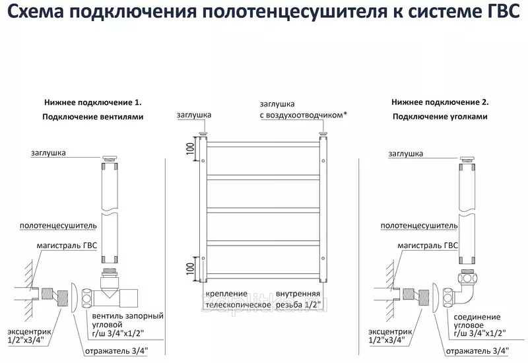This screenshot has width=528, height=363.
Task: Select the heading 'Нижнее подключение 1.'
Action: tap(93, 103)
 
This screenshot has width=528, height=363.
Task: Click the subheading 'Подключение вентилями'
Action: tap(93, 117)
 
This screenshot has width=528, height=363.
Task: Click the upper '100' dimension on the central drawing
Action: tap(190, 151)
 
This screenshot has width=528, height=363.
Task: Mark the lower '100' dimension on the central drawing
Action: tap(190, 269)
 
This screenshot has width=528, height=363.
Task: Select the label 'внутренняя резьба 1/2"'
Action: tap(298, 299)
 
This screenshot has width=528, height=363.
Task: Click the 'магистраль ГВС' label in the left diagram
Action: tap(67, 245)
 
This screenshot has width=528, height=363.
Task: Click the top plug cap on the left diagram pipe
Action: tap(110, 158)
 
